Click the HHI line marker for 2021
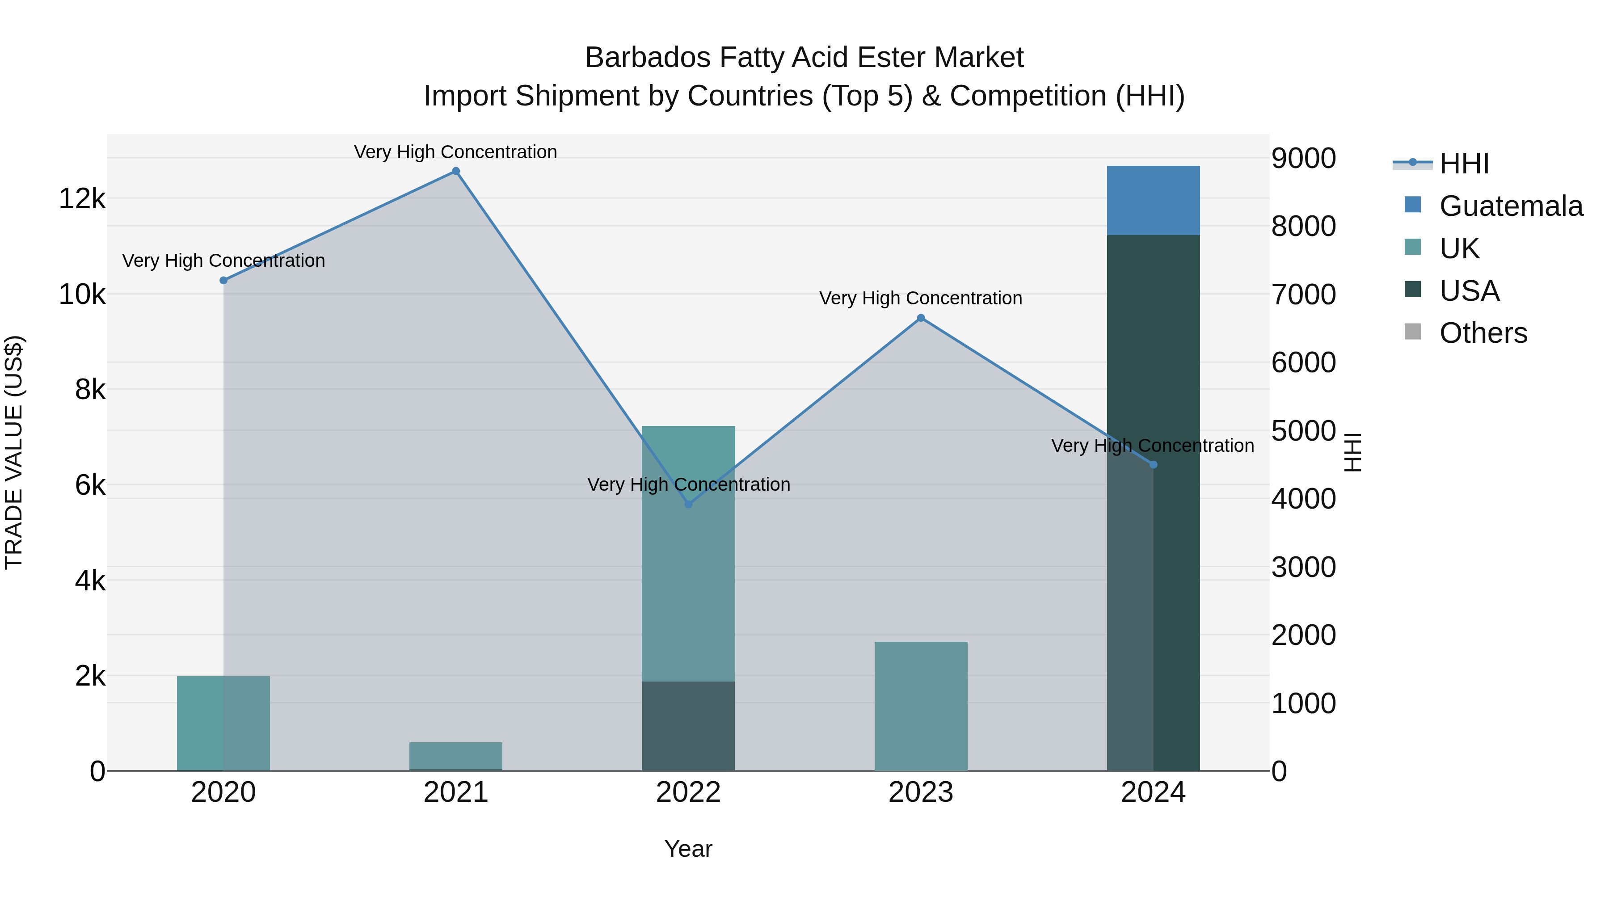pos(456,171)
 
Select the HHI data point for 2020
pos(223,280)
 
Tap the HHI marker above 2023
pos(921,318)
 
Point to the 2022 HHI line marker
pos(688,504)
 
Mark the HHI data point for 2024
pos(1153,465)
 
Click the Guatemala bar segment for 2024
pos(1153,201)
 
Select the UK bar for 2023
pos(921,706)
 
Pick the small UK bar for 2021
pos(456,756)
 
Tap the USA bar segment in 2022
pos(688,726)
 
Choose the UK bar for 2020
pos(223,723)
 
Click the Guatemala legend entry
pos(1510,206)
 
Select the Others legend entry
pos(1483,333)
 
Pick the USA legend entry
pos(1469,291)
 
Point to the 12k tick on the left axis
pos(82,198)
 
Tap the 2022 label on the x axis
pos(688,792)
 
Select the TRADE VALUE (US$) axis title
pos(14,452)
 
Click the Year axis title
pos(688,849)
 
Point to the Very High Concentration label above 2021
pos(455,152)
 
